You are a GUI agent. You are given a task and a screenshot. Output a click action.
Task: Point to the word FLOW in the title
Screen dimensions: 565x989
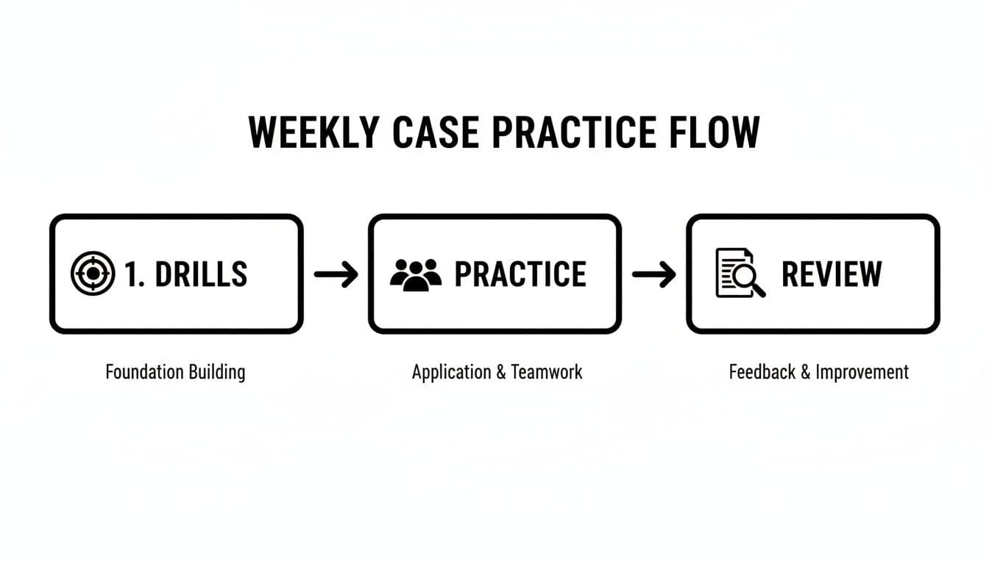[x=715, y=132]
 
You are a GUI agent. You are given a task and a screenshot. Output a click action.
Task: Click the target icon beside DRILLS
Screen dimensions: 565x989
[x=93, y=274]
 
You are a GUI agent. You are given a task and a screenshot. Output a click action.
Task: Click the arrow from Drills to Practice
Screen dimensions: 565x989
[x=336, y=274]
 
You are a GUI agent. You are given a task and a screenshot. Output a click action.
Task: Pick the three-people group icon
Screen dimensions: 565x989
[x=416, y=274]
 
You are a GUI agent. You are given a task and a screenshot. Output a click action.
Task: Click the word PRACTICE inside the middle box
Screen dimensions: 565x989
[x=520, y=274]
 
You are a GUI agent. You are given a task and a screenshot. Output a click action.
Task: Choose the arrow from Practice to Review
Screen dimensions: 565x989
[x=653, y=274]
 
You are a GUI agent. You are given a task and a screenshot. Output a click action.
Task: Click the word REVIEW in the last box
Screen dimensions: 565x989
[x=832, y=274]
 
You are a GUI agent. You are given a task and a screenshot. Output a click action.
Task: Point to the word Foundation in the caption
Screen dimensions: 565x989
[x=142, y=372]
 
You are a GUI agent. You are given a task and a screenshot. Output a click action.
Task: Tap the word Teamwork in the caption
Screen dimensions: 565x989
[x=547, y=372]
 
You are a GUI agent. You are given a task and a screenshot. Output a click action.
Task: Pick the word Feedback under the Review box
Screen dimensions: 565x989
[x=762, y=372]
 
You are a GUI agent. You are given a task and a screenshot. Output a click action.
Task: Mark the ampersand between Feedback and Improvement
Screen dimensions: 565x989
[x=805, y=372]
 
